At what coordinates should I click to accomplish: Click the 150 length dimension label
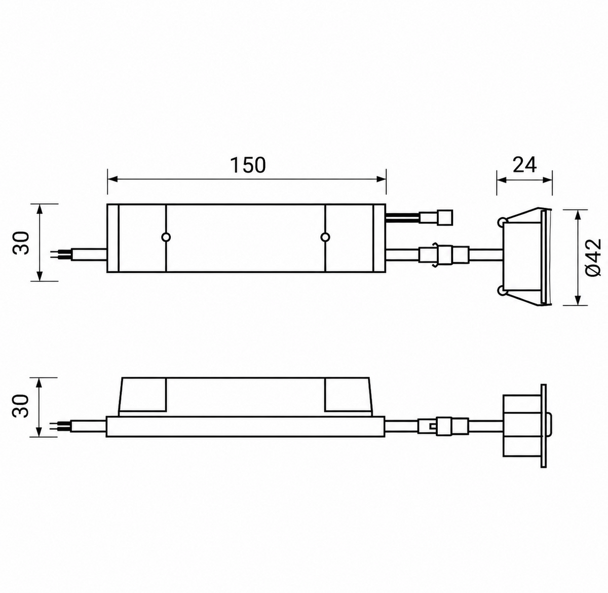coord(248,165)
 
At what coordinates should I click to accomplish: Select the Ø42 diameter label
coord(593,257)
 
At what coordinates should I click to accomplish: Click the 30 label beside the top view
coord(21,242)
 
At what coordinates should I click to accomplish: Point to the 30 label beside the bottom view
coord(21,406)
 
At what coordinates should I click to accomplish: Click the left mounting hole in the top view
coord(166,237)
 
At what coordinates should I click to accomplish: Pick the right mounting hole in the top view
coord(325,237)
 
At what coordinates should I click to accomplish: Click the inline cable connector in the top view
coord(444,255)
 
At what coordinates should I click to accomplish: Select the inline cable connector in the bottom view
coord(444,426)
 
